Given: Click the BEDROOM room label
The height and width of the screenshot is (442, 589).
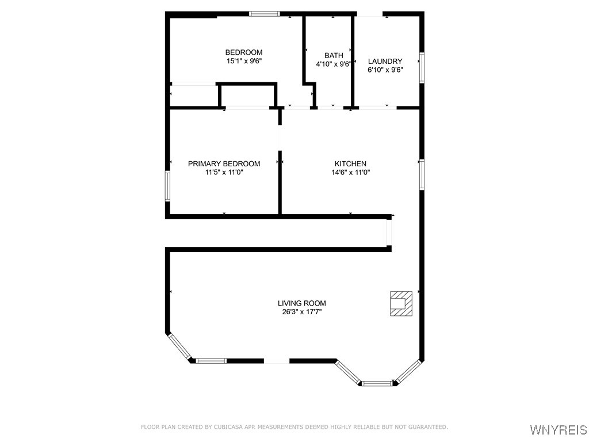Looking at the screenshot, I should (243, 52).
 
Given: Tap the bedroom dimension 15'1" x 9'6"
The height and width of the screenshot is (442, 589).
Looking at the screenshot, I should (243, 61).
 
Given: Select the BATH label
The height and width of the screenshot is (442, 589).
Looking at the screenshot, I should (334, 56).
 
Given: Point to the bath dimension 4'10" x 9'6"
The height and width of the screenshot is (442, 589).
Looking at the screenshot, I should (334, 64).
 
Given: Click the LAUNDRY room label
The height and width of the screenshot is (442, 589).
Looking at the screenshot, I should (385, 62).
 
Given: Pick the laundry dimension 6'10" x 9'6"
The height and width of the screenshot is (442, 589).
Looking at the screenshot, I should (385, 70).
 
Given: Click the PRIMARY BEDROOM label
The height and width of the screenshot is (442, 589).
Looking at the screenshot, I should (224, 164).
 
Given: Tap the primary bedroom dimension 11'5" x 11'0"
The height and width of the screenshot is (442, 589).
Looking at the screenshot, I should (224, 172).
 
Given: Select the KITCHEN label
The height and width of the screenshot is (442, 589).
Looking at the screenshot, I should (350, 164).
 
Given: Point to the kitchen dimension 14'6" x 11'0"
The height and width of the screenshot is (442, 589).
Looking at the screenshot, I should (350, 172).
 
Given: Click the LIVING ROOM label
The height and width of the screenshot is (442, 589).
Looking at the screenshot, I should (301, 303).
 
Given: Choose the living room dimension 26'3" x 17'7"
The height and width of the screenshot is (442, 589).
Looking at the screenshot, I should (301, 312).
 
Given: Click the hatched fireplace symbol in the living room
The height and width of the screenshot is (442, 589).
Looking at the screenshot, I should (401, 303).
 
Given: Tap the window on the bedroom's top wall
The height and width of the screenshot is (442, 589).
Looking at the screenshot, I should (264, 13).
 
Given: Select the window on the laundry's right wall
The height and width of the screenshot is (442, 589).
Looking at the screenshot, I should (422, 68).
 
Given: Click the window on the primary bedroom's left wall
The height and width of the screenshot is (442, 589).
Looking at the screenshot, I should (168, 185).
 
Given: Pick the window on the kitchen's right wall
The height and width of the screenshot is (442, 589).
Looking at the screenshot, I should (422, 175).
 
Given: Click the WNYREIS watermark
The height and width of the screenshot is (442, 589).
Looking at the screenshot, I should (558, 430).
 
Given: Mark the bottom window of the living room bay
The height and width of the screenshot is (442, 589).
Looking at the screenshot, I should (377, 383).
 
